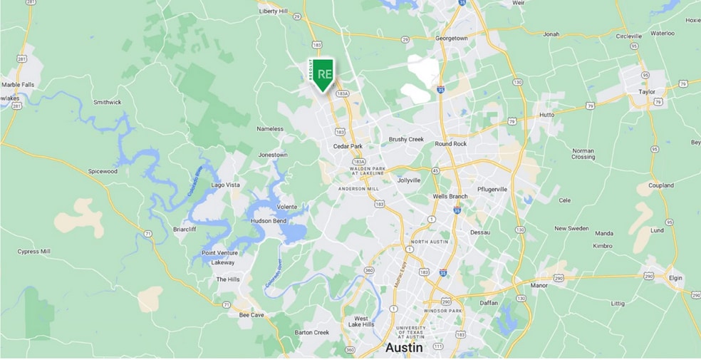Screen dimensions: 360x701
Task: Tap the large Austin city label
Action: click(x=404, y=348)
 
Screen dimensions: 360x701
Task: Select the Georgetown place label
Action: click(x=452, y=38)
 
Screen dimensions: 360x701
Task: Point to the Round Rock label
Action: click(x=450, y=144)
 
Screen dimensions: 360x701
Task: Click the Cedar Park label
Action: click(x=348, y=147)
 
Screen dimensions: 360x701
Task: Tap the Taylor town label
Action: click(x=647, y=92)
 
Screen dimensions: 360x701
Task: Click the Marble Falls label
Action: click(x=18, y=85)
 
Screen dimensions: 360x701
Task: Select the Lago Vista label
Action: click(x=226, y=185)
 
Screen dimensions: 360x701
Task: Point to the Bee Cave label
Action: click(x=251, y=314)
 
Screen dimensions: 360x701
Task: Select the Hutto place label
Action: click(x=546, y=114)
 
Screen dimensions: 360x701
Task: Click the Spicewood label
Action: click(x=102, y=171)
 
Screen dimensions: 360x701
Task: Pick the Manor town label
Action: click(x=539, y=285)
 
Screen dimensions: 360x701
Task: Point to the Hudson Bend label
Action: click(x=269, y=221)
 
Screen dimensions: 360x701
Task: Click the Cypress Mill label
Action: click(x=33, y=252)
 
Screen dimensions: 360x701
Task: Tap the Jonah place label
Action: click(x=551, y=34)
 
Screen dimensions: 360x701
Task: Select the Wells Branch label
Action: click(x=450, y=197)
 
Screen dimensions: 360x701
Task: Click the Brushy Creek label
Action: click(x=406, y=140)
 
